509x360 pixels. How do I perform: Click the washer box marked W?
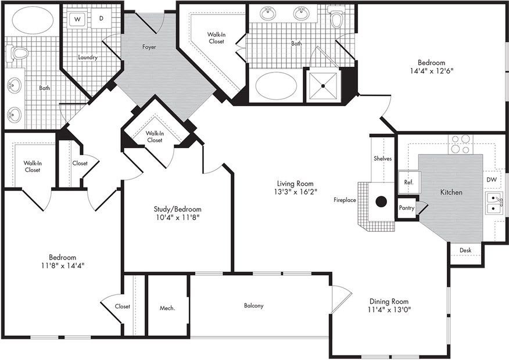77,19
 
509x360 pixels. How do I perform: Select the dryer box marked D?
101,19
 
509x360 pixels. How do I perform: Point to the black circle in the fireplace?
381,201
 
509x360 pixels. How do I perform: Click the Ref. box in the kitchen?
408,182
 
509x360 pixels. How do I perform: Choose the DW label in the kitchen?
492,180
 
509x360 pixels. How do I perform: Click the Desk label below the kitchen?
465,250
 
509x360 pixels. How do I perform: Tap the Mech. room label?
167,308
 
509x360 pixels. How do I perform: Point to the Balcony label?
253,306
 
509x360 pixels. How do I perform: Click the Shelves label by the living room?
382,159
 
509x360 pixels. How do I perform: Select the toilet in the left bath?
19,54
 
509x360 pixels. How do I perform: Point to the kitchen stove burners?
460,144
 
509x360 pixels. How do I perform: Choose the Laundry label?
88,57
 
